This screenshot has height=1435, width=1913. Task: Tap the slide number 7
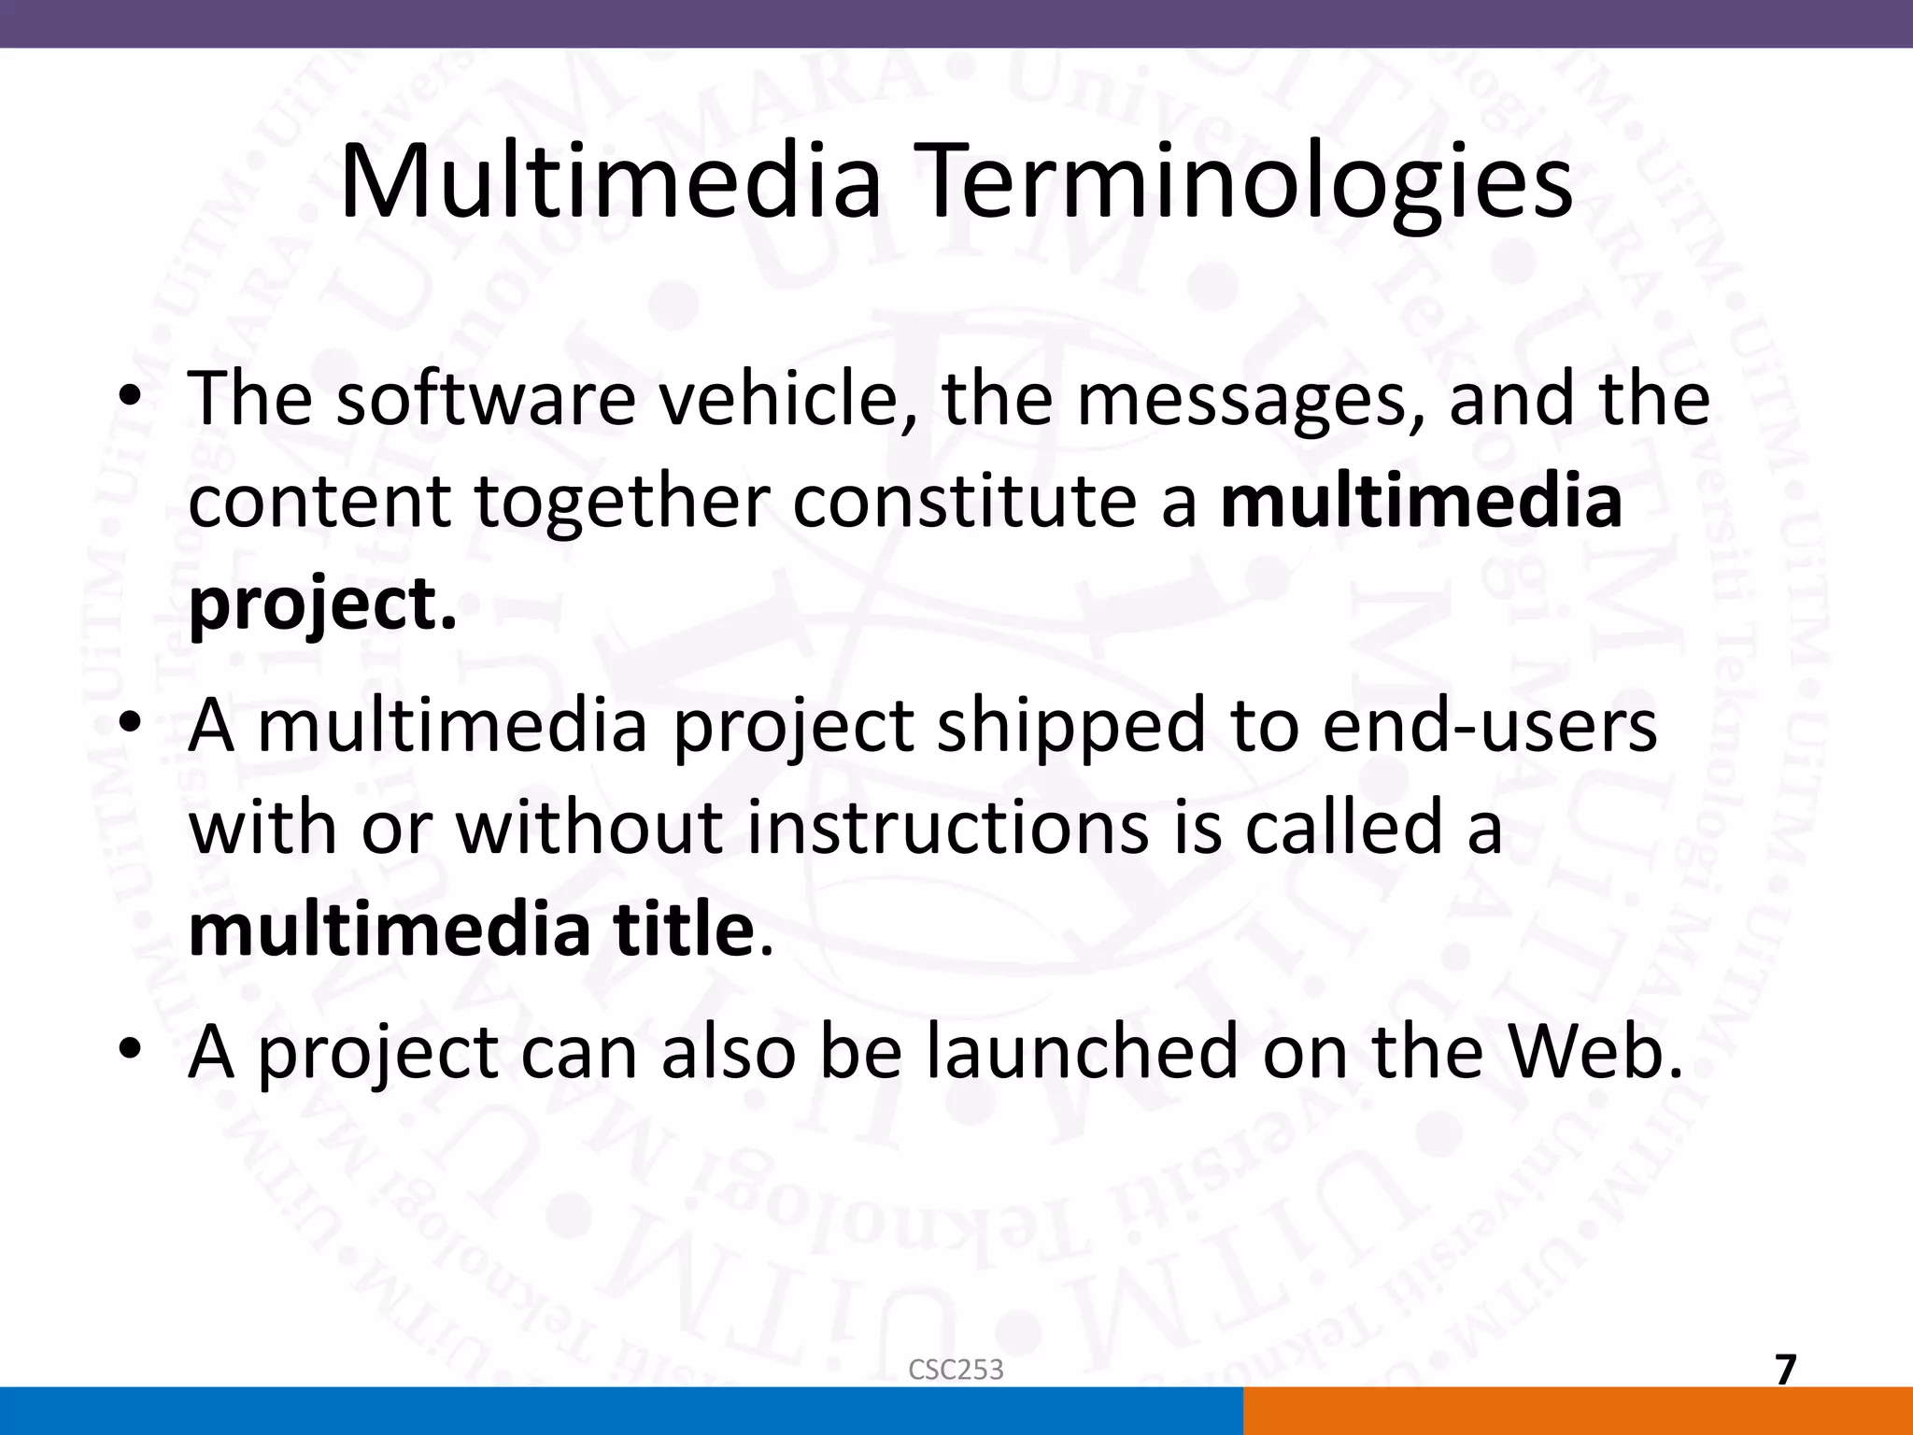click(x=1785, y=1371)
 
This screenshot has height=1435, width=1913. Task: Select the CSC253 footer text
click(x=956, y=1370)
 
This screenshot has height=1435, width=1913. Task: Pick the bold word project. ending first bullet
click(x=322, y=604)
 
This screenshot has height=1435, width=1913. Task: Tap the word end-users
click(x=1489, y=726)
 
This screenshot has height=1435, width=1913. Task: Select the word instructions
click(x=947, y=829)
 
